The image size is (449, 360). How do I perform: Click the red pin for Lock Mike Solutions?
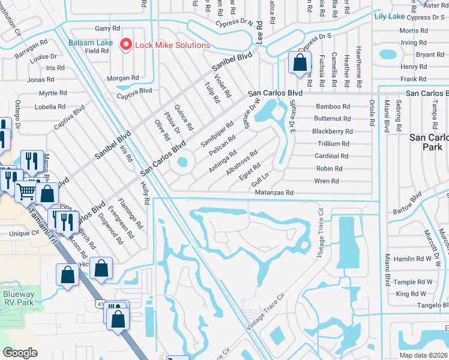coord(126,44)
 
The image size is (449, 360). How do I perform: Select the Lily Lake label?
coord(390,16)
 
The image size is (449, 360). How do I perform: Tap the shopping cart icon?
coord(26,191)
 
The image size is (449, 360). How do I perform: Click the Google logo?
coord(20,353)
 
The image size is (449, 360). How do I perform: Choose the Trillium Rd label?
coord(333,144)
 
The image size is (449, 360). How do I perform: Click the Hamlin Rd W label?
coord(414,259)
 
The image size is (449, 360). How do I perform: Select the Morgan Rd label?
coord(122,78)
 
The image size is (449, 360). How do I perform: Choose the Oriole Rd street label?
coord(372,114)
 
